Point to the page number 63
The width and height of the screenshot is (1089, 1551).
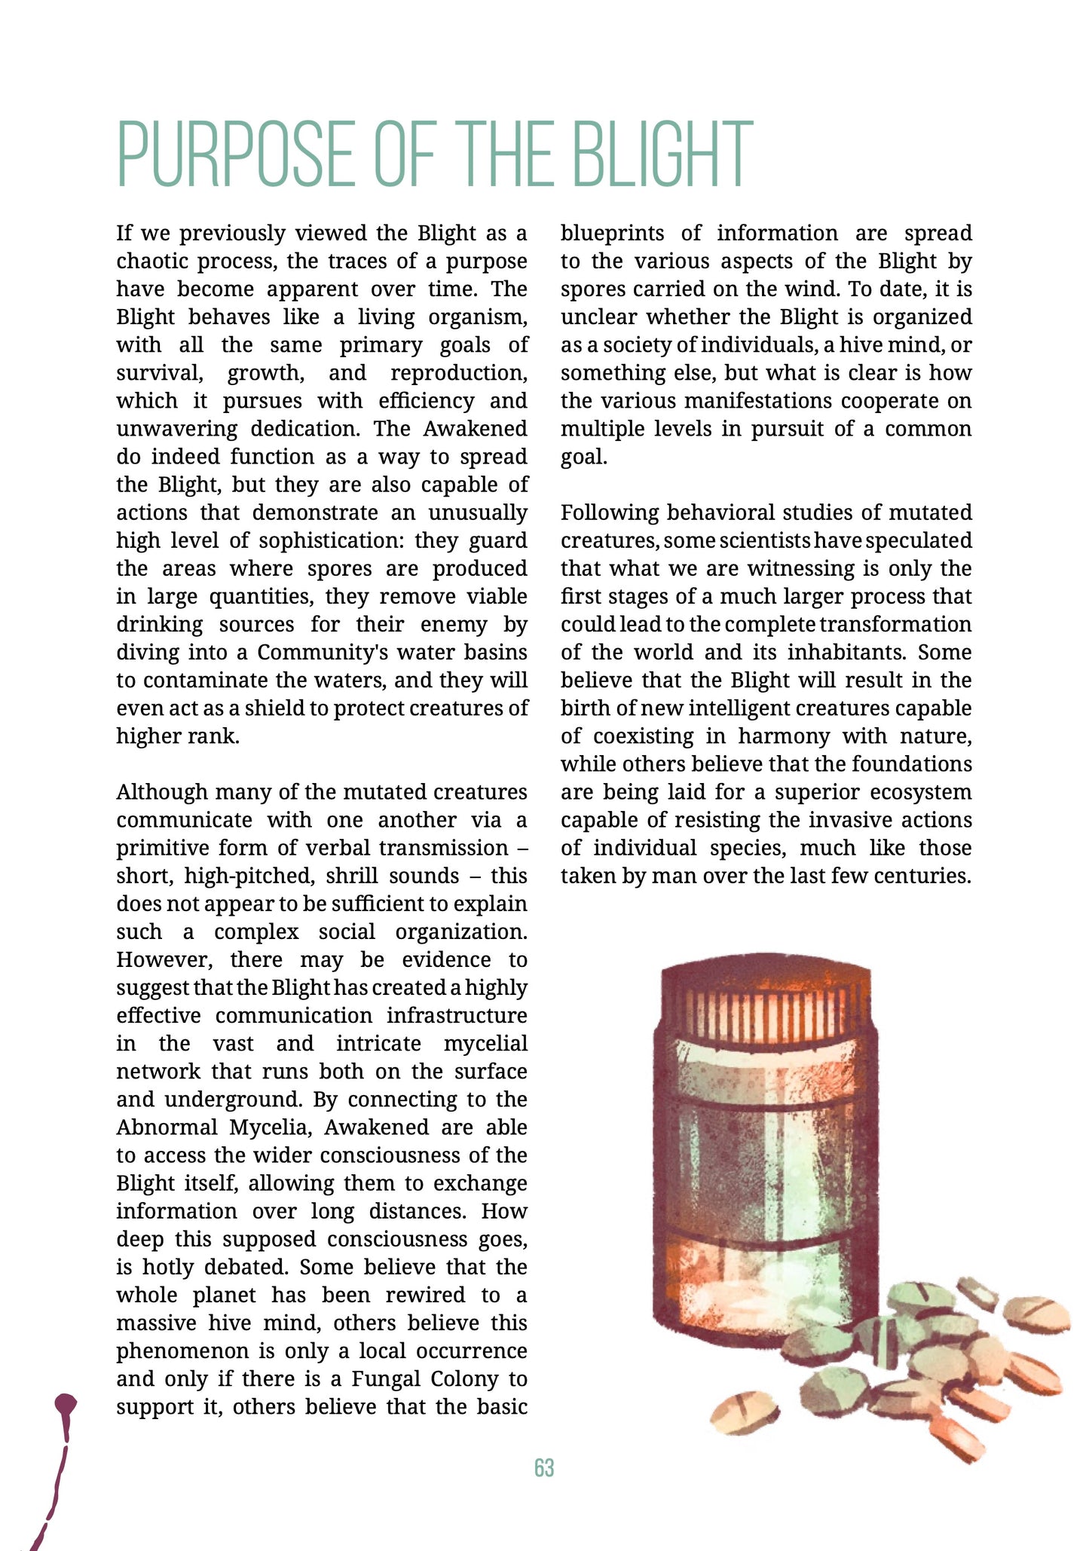point(544,1468)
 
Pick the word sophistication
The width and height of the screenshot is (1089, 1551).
point(329,540)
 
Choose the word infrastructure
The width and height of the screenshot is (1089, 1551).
point(457,1015)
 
